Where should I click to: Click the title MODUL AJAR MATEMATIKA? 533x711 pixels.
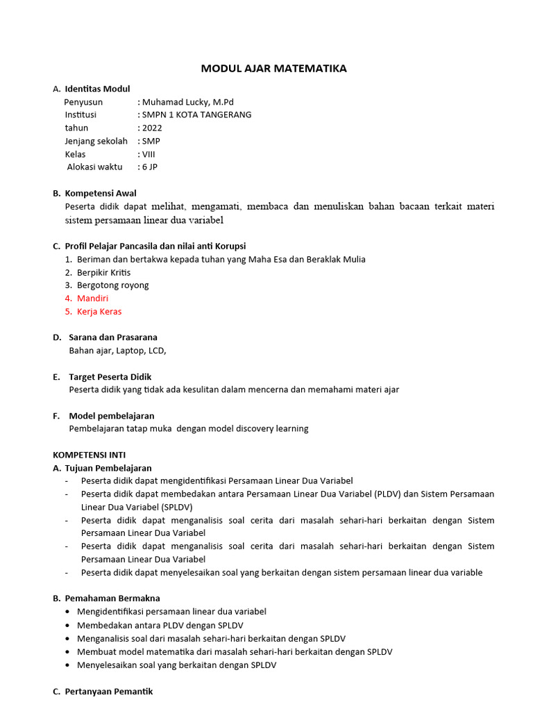coord(273,68)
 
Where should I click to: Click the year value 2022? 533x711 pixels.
coord(151,128)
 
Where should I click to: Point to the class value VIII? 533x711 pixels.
coord(149,154)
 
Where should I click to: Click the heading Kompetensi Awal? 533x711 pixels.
coord(100,193)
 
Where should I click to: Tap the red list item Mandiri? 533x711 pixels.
coord(92,298)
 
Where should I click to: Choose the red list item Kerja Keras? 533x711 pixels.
coord(99,311)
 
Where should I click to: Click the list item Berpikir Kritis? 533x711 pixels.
coord(103,272)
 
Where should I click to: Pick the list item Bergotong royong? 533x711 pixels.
coord(112,285)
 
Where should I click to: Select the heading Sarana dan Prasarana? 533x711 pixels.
coord(112,337)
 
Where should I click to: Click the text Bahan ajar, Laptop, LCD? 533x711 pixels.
coord(117,351)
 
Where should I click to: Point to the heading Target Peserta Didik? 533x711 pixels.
coord(110,376)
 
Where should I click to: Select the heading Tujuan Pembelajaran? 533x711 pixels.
coord(108,468)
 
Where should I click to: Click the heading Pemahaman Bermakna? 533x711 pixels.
coord(112,598)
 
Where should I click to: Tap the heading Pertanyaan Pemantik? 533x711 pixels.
coord(108,692)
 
